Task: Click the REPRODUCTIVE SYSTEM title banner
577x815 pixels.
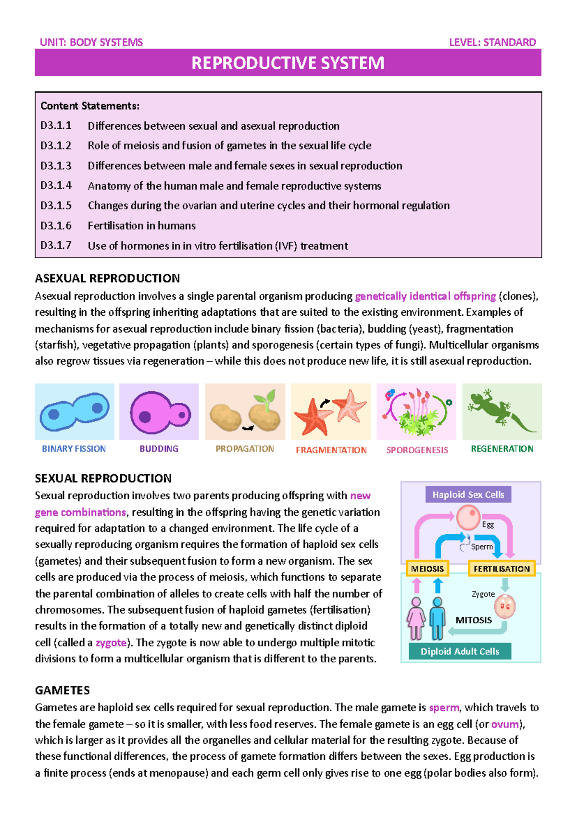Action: [x=288, y=63]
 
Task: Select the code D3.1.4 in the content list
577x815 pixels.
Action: [x=56, y=185]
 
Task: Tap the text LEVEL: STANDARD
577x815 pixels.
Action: [x=492, y=42]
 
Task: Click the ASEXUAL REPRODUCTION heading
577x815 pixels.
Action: [x=107, y=278]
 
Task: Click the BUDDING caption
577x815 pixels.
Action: [x=159, y=449]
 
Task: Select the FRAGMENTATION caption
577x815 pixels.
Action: [x=331, y=450]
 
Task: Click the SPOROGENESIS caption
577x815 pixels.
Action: [x=417, y=450]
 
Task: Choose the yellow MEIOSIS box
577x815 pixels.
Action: [x=427, y=568]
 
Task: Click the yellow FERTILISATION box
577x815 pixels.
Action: [x=502, y=568]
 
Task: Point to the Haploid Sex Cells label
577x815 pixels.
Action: [x=468, y=494]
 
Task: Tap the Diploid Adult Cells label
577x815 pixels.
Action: [x=460, y=652]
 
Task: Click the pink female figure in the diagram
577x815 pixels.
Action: [x=416, y=618]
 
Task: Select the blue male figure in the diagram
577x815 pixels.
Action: [x=437, y=618]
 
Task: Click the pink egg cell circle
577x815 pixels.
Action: [x=468, y=518]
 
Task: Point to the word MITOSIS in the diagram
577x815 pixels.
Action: [x=474, y=620]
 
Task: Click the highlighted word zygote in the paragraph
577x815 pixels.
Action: [x=111, y=643]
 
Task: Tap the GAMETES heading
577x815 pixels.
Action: [x=63, y=691]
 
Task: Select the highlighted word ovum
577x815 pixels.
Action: [x=505, y=724]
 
